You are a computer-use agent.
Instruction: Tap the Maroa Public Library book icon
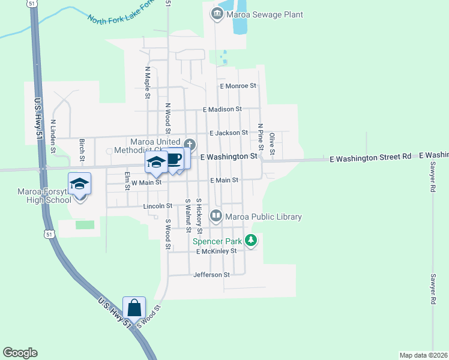click(215, 215)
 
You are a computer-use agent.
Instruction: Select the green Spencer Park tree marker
click(251, 241)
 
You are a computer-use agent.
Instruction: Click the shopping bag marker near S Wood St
click(134, 308)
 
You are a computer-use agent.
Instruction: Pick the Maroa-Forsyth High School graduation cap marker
click(79, 184)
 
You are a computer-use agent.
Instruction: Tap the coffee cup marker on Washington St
click(174, 159)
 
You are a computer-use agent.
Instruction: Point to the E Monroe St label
click(238, 86)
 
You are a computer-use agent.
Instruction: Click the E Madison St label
click(222, 109)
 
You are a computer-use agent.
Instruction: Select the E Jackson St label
click(228, 133)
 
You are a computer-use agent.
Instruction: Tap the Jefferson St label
click(211, 275)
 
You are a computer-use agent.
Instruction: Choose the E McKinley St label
click(216, 251)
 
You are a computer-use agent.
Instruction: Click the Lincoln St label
click(158, 206)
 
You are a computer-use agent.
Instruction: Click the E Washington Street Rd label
click(370, 157)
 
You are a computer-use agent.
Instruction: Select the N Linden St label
click(53, 136)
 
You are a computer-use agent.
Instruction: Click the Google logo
click(20, 353)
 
